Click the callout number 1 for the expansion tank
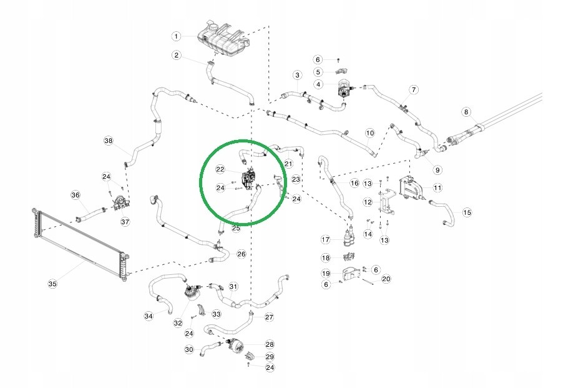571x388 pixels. point(176,36)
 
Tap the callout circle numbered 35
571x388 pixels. point(52,284)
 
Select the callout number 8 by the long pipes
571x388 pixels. point(467,112)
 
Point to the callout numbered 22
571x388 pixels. point(220,169)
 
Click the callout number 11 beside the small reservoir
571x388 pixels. point(437,187)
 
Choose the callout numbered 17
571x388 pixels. point(326,239)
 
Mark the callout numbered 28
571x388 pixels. point(270,344)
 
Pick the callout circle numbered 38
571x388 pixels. point(109,141)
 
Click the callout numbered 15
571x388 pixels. point(467,212)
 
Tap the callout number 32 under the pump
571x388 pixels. point(178,323)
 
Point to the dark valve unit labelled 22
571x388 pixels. point(249,179)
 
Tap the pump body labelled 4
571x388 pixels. point(343,88)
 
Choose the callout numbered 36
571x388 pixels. point(76,195)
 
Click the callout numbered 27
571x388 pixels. point(269,317)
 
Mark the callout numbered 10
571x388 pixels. point(369,132)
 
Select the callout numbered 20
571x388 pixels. point(386,279)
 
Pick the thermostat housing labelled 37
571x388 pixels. point(121,204)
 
